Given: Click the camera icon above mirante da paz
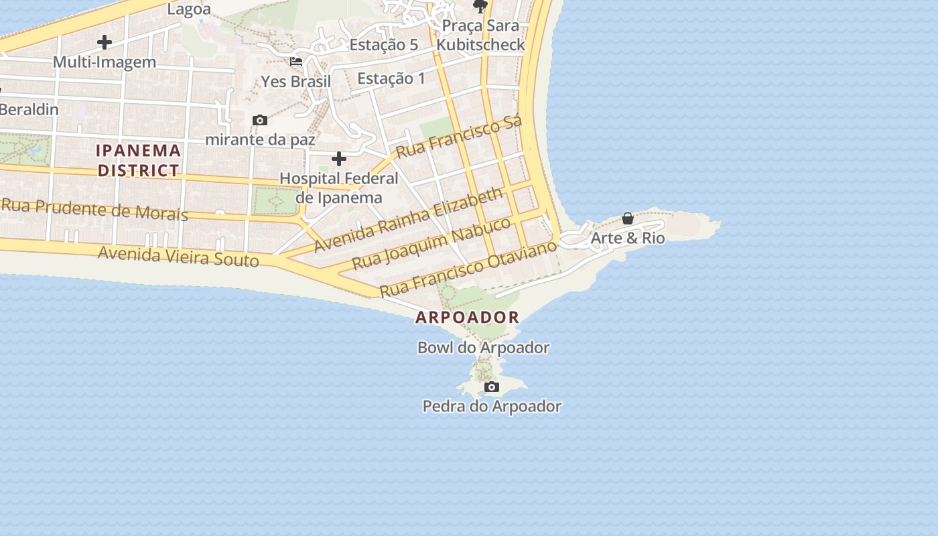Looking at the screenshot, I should pos(260,121).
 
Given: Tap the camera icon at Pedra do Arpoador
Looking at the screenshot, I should pos(492,387).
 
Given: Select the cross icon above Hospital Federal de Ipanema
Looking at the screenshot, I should pos(339,159).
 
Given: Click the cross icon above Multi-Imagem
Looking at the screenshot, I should pos(105,42).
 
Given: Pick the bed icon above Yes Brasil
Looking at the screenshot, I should pos(296,62).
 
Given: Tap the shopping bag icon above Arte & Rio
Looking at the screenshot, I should pos(628,218).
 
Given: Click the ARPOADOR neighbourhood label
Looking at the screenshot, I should pos(468,318).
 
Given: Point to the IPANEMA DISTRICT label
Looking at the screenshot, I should pos(139,160).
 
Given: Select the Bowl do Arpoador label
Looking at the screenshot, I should pos(483,348).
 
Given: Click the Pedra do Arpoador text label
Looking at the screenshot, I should pos(492,406).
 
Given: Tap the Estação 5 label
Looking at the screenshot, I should pos(384,45).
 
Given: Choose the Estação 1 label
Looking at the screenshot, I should pos(391,78).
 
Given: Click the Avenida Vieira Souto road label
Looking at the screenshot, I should pos(178,255).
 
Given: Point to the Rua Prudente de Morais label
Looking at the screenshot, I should pos(94,209).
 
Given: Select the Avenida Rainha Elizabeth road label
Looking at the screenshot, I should pos(408,220).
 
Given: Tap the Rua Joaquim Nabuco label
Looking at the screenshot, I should pos(432,243).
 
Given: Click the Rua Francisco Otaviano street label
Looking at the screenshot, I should pos(468,269).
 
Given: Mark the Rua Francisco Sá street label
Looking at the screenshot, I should pos(458,137).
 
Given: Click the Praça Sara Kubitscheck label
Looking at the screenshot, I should pos(480,35).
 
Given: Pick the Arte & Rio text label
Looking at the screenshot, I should pos(628,238).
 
